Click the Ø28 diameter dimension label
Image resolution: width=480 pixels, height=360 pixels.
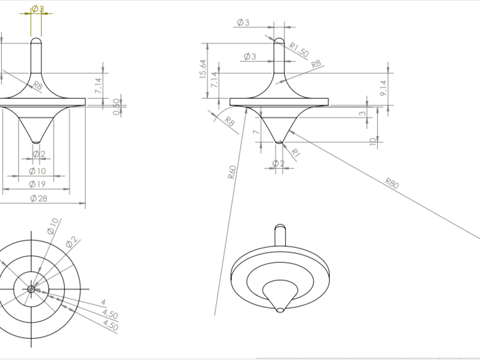38,198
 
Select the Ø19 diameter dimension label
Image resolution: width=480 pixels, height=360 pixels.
38,184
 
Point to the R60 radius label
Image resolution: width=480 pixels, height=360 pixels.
232,172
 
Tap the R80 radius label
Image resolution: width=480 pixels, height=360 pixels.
392,183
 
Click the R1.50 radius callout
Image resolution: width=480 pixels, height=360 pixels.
299,49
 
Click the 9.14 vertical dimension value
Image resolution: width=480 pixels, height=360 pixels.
383,88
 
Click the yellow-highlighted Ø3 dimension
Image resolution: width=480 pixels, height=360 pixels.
37,9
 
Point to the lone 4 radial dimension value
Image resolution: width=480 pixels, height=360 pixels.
103,303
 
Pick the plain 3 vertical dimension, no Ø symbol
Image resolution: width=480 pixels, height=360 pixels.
363,114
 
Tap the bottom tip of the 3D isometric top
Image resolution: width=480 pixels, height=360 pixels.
280,310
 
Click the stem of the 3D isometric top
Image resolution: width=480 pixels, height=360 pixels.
280,235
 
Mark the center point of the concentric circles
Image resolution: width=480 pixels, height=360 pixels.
31,289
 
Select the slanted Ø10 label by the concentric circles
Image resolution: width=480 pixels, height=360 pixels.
53,226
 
